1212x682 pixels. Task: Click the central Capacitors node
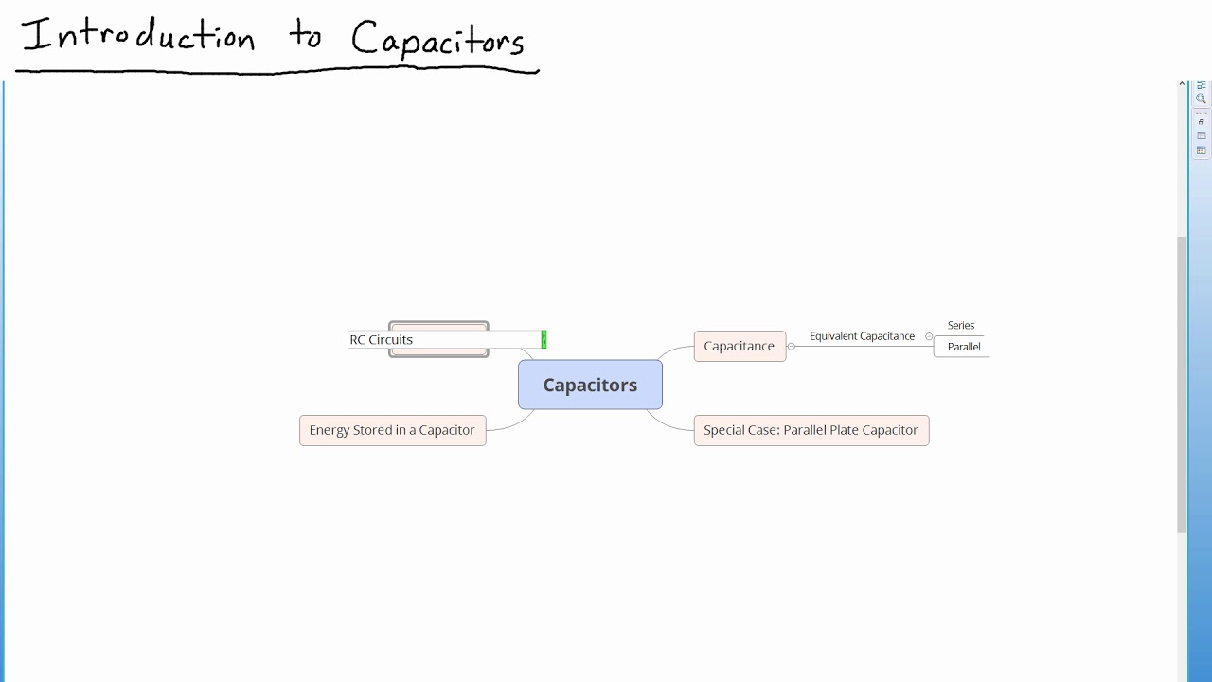pos(590,385)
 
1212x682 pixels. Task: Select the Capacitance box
pos(740,346)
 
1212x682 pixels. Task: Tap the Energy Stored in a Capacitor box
pos(392,430)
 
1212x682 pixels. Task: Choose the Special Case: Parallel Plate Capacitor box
pos(811,430)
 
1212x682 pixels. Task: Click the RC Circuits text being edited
pos(382,339)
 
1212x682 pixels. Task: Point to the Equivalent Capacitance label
pos(862,336)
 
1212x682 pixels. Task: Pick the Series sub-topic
pos(960,325)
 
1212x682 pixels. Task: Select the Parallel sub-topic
pos(963,347)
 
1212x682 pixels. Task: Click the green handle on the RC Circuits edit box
pos(544,339)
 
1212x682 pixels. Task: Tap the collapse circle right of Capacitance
pos(792,347)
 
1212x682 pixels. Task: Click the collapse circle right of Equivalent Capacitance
pos(929,336)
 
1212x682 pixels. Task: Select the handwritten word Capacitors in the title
pos(437,41)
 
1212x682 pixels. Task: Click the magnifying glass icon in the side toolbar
pos(1201,99)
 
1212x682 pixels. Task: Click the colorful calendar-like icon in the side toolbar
pos(1201,151)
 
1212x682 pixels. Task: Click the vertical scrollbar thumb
pos(1182,379)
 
